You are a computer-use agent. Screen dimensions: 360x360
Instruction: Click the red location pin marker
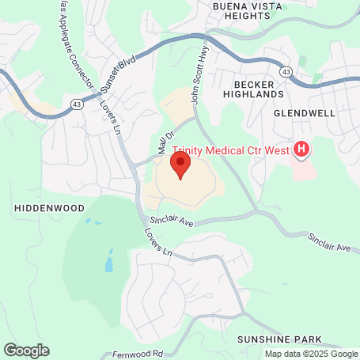pyautogui.click(x=180, y=165)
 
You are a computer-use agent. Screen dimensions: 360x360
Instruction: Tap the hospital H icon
pyautogui.click(x=301, y=148)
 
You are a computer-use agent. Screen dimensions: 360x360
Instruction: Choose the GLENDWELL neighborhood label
pyautogui.click(x=305, y=113)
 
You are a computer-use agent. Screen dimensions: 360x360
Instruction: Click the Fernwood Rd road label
pyautogui.click(x=138, y=354)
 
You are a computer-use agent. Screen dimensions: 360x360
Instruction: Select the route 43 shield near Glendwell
pyautogui.click(x=287, y=72)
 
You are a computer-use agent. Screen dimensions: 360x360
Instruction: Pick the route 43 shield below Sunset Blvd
pyautogui.click(x=77, y=104)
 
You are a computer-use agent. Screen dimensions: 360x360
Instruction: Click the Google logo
pyautogui.click(x=26, y=350)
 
